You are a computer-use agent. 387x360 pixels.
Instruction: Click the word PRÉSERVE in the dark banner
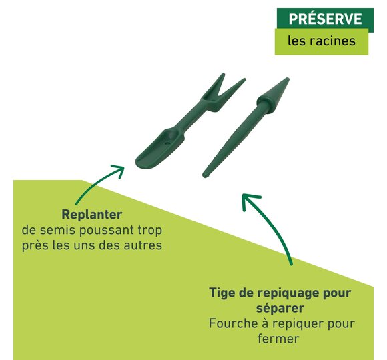tap(325, 19)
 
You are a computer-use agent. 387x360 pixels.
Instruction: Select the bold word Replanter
tap(92, 215)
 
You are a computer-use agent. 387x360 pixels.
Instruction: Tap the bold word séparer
tap(280, 309)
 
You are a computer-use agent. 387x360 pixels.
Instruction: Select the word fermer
tap(278, 338)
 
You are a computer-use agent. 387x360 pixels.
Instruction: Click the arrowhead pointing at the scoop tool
tap(119, 170)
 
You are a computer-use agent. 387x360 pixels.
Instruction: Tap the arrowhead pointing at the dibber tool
tap(249, 200)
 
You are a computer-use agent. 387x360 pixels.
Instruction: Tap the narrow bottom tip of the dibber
tap(205, 175)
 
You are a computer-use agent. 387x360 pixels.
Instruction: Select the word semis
tap(57, 230)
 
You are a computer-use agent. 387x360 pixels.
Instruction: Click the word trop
tap(150, 231)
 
